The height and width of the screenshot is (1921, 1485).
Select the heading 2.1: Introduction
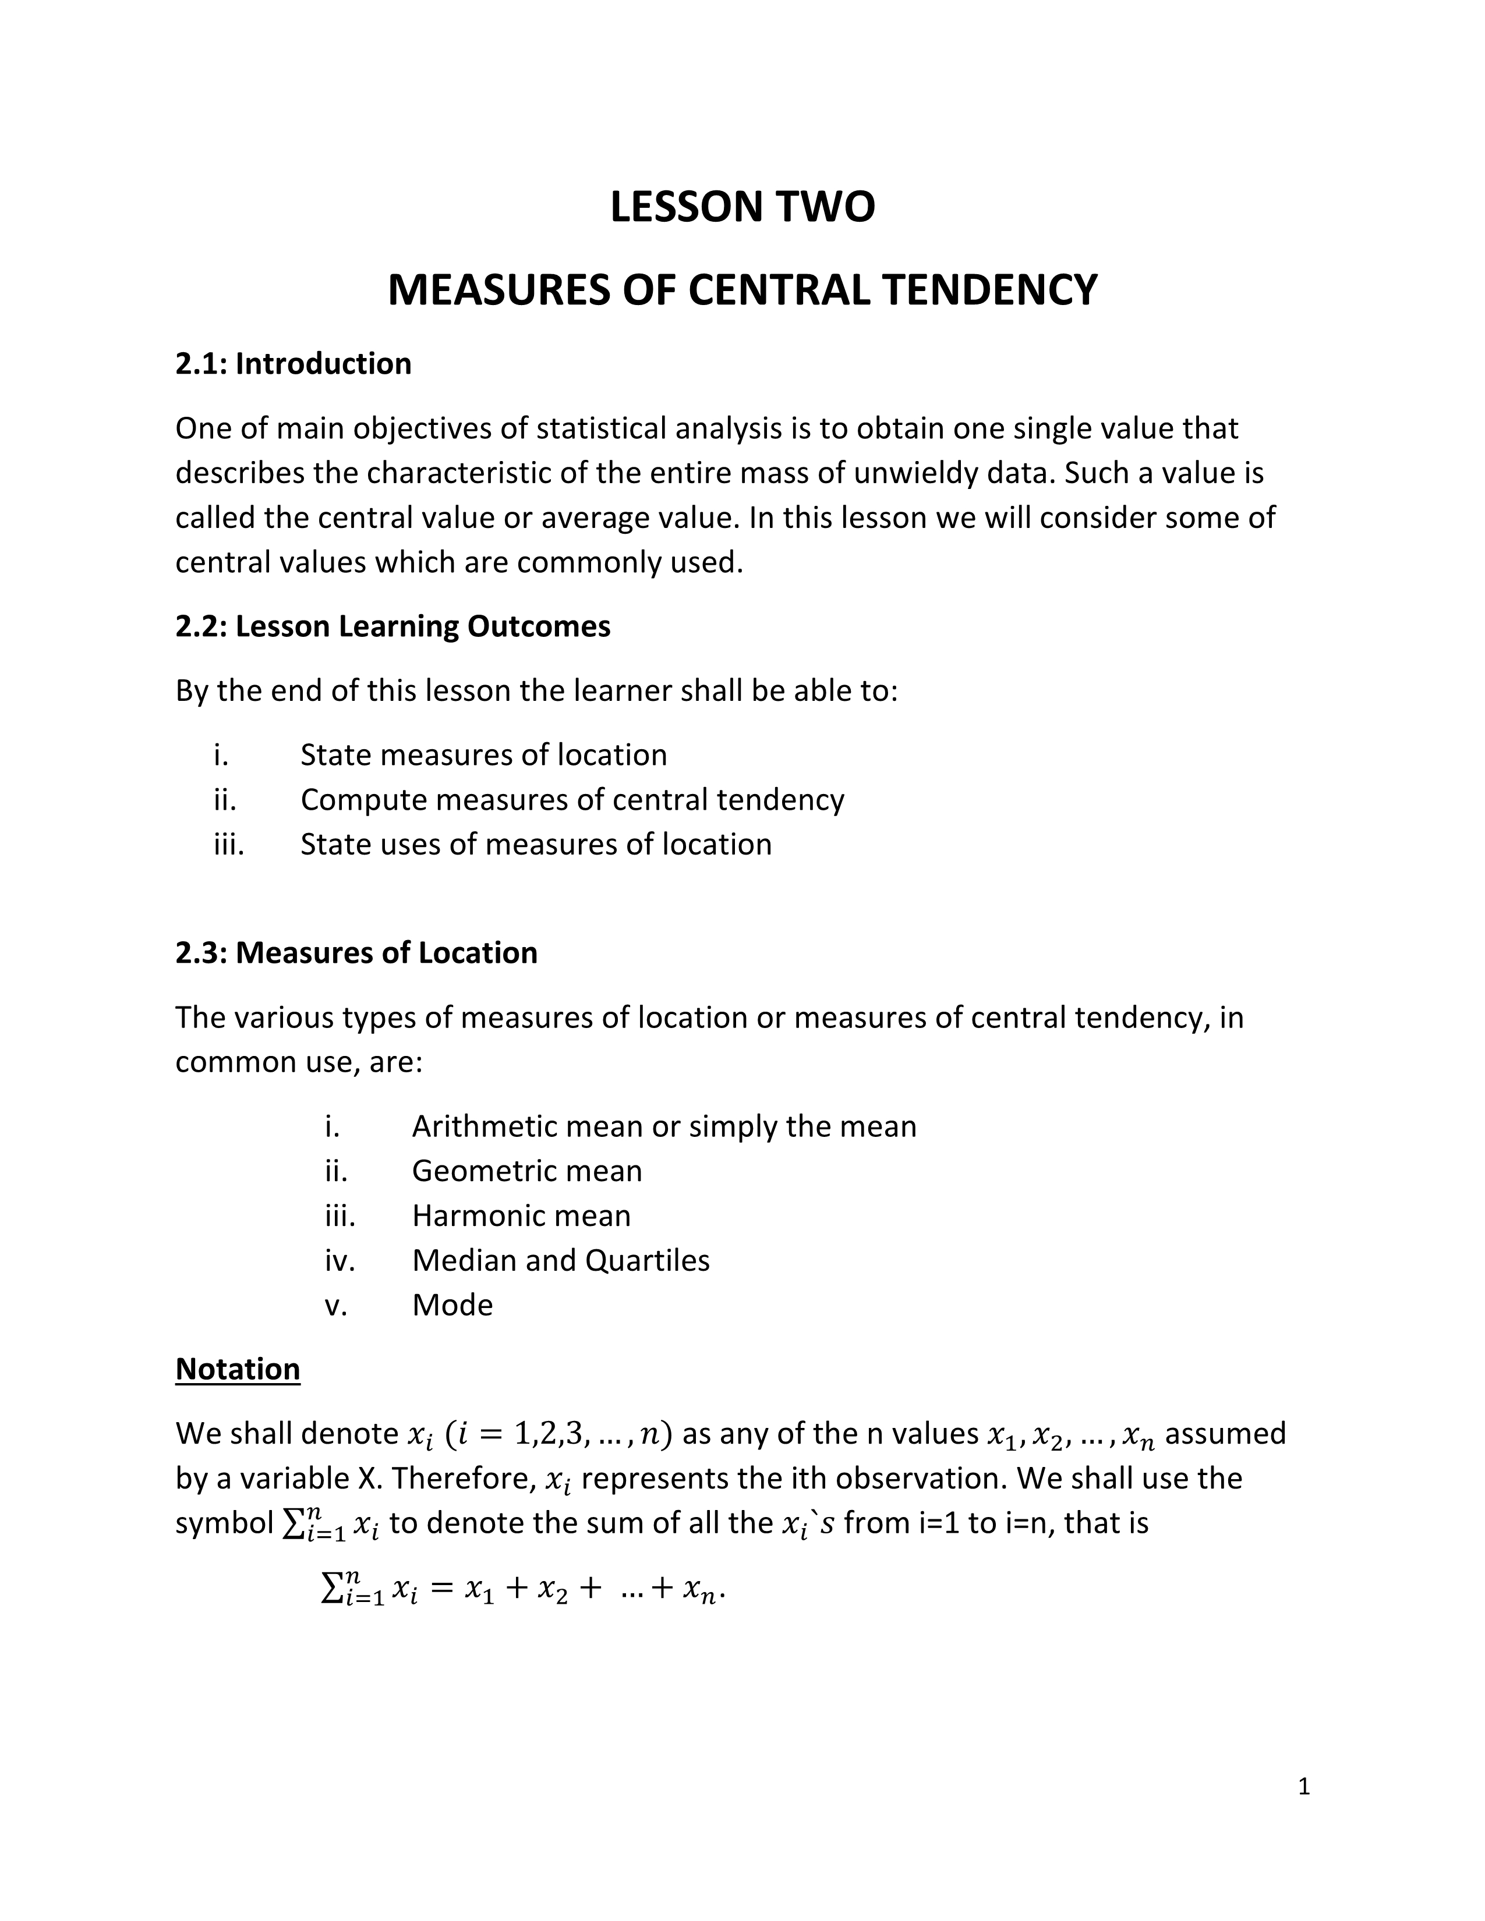[293, 363]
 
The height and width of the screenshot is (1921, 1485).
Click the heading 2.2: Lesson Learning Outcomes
[393, 626]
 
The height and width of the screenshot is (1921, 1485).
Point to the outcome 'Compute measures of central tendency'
[572, 799]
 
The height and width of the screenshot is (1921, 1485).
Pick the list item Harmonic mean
[521, 1215]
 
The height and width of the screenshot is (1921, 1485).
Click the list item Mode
[452, 1305]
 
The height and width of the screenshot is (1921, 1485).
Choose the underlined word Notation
[238, 1370]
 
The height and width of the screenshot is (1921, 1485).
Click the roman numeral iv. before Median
[340, 1260]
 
